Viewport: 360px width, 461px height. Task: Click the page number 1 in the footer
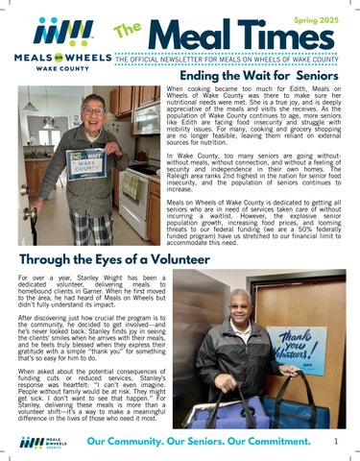pyautogui.click(x=336, y=441)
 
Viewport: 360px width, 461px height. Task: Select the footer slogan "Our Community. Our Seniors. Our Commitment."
pyautogui.click(x=196, y=442)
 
